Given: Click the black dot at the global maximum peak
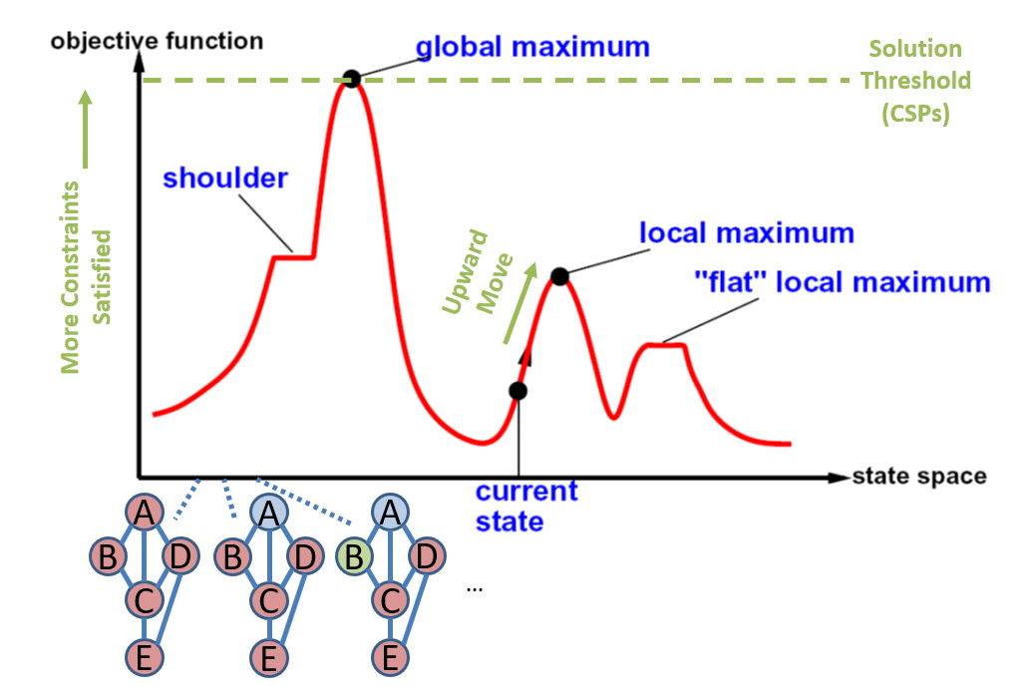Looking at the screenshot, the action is (352, 79).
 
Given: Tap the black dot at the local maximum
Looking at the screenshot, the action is (559, 276).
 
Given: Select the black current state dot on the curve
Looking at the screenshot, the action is (518, 391).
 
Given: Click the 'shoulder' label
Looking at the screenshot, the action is (225, 178).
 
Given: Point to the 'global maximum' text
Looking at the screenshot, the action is (532, 48).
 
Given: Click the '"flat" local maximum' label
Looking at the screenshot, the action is (843, 282).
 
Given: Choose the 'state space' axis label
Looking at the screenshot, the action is (919, 476).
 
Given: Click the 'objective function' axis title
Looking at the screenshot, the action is (157, 41).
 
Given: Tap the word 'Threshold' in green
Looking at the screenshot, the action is (916, 81).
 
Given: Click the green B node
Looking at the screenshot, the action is (355, 556).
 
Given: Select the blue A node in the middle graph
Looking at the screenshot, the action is (269, 513).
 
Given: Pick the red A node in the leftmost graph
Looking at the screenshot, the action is (145, 512).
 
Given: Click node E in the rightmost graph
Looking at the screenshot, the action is (391, 658).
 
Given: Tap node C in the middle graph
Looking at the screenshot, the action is (269, 601).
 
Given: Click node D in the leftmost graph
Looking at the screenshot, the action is (180, 556).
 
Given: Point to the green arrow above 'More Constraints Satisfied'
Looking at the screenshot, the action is (85, 129).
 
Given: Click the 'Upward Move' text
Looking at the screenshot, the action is (478, 272).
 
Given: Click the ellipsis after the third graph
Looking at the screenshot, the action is (475, 589).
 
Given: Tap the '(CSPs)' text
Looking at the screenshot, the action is (916, 114).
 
